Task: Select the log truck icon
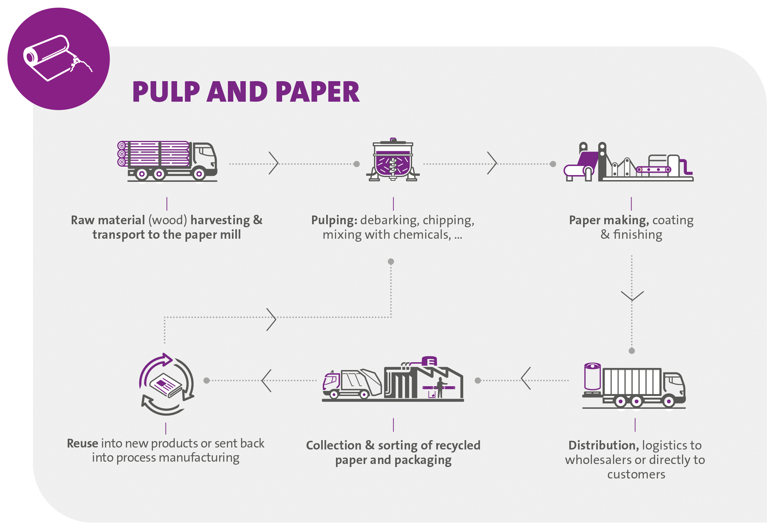tap(167, 161)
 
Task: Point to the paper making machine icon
tap(628, 162)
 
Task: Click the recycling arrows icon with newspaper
tap(166, 384)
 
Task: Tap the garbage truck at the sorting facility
tap(352, 384)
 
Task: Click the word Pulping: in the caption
tap(334, 220)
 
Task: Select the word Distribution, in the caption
tap(603, 445)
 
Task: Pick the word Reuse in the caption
tap(82, 443)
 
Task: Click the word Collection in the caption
tap(333, 445)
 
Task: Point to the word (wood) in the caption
tap(167, 220)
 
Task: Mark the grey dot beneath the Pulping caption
tap(391, 262)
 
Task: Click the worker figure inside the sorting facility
tap(440, 387)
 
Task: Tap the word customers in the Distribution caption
tap(636, 474)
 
